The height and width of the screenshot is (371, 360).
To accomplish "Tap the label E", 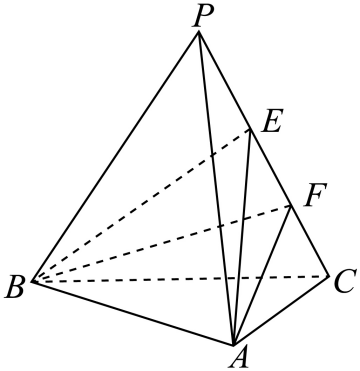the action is click(272, 121).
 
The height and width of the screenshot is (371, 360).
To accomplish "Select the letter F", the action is click(313, 195).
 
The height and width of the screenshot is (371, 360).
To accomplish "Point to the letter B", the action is click(15, 287).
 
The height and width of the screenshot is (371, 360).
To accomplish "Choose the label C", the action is click(344, 284).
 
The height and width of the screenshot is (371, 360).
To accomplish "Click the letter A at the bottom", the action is click(239, 358).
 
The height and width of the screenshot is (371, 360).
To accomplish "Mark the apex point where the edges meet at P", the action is click(199, 31).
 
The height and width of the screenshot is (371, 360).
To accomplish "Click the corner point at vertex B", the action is click(32, 282).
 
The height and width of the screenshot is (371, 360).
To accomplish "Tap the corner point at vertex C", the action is click(329, 276).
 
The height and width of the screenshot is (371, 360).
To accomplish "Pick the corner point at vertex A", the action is click(234, 345).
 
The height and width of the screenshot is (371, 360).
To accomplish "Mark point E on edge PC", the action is click(250, 130).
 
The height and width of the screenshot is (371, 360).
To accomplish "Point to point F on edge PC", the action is click(292, 206).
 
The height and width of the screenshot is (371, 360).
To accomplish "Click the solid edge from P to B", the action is click(116, 157).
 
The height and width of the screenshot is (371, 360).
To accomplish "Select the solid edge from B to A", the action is click(133, 313).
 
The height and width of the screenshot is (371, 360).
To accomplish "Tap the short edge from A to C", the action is click(282, 310).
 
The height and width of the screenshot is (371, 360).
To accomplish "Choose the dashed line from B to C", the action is click(181, 279).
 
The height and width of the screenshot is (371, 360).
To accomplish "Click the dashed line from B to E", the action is click(141, 206).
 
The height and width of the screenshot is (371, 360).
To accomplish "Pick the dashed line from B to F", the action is click(162, 244).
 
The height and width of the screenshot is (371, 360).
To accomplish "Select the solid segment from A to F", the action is click(263, 276).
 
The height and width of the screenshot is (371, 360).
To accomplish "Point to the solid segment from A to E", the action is click(242, 237).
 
